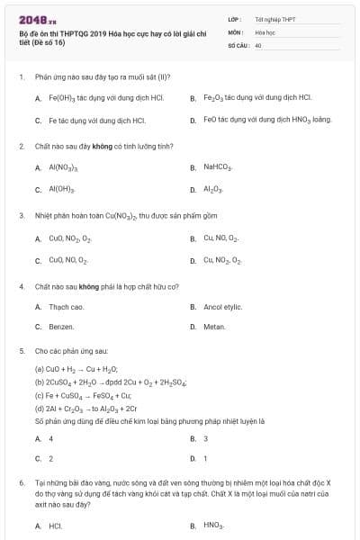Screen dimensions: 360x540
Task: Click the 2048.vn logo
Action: pos(31,19)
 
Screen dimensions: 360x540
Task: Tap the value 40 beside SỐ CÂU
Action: pos(258,44)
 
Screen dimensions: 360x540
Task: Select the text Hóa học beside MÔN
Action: pos(265,31)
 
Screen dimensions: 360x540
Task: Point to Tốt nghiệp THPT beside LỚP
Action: pos(275,19)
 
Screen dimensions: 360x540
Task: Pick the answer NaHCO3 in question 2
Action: pos(218,166)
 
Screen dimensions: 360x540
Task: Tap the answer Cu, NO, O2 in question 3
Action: pos(220,238)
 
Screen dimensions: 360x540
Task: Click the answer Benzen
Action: pos(61,327)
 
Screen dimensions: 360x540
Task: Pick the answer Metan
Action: pos(214,327)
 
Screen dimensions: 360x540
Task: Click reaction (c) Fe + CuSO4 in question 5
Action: pos(83,395)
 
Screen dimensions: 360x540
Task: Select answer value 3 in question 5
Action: pos(205,438)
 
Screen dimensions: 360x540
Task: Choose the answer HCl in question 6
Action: pos(55,525)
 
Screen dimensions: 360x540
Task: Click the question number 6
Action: pos(21,483)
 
